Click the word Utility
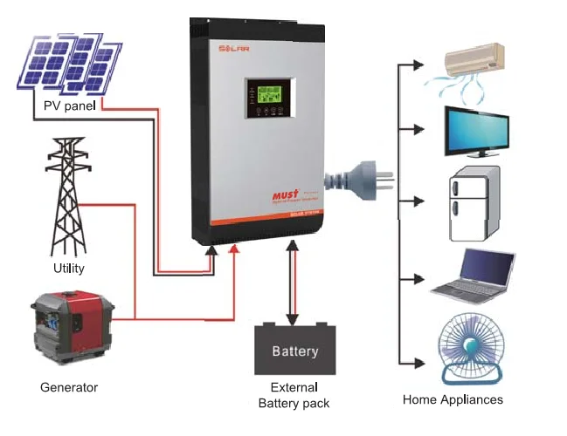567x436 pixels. pos(68,268)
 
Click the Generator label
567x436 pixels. pos(69,386)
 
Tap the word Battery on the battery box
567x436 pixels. pos(295,351)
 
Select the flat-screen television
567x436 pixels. pos(477,131)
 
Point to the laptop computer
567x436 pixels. pos(475,273)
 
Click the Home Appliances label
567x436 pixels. pos(453,399)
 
